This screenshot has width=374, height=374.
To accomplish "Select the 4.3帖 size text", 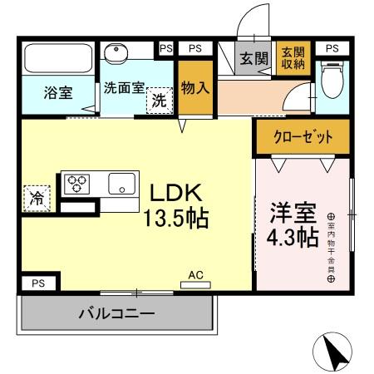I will pyautogui.click(x=292, y=238).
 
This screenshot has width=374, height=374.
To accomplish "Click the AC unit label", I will pyautogui.click(x=196, y=275).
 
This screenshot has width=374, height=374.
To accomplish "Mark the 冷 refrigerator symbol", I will pyautogui.click(x=37, y=198).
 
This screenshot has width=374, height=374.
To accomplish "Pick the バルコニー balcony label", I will pyautogui.click(x=116, y=314).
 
